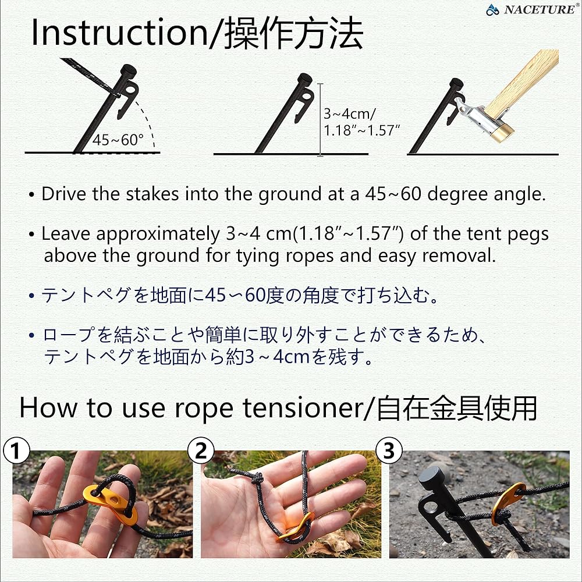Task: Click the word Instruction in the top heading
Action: pyautogui.click(x=116, y=34)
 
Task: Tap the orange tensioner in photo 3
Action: pyautogui.click(x=505, y=502)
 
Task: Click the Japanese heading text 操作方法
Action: pyautogui.click(x=294, y=34)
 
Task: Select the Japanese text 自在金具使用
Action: pyautogui.click(x=456, y=408)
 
